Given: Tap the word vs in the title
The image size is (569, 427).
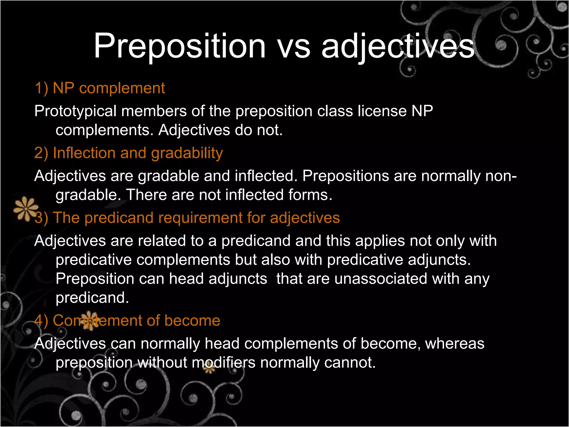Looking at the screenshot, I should [294, 47].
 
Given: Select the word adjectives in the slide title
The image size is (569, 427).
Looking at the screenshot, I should [398, 47].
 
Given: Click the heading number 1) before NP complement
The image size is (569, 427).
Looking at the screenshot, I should [41, 88].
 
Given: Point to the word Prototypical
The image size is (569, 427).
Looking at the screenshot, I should [75, 111].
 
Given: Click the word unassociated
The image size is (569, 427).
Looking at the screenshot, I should [381, 279].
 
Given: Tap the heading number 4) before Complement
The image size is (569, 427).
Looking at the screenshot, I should [41, 321].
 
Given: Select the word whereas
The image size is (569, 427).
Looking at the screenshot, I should [455, 344].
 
